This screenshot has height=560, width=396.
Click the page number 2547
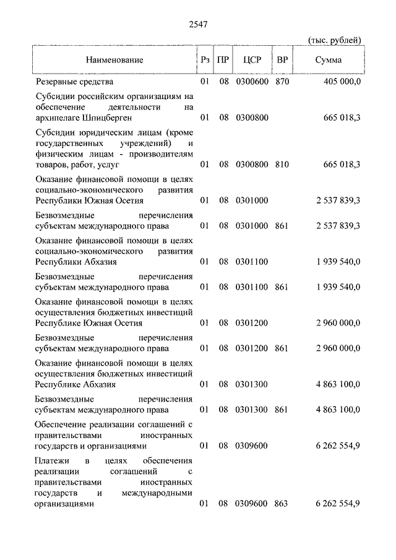[x=197, y=25]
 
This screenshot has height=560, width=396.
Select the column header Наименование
[x=114, y=60]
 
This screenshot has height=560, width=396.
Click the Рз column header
[x=205, y=60]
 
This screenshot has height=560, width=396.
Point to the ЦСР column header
[x=252, y=60]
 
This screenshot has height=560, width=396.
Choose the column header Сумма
[x=328, y=60]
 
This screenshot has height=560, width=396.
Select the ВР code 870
[x=282, y=81]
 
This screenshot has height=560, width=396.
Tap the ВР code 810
[x=282, y=165]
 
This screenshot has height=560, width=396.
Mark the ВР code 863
[x=282, y=504]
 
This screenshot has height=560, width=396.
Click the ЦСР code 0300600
[x=251, y=81]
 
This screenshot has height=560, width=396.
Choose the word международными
[x=158, y=493]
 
